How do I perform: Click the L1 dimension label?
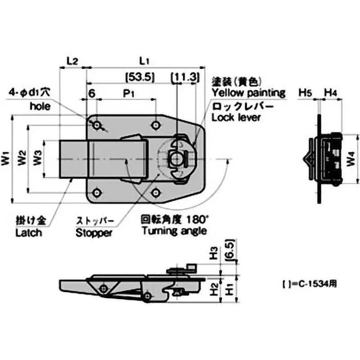144,60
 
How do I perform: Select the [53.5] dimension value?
140,77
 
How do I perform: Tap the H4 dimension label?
331,93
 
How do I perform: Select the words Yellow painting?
248,93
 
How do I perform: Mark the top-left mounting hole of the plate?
97,124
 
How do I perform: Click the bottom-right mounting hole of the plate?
155,193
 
